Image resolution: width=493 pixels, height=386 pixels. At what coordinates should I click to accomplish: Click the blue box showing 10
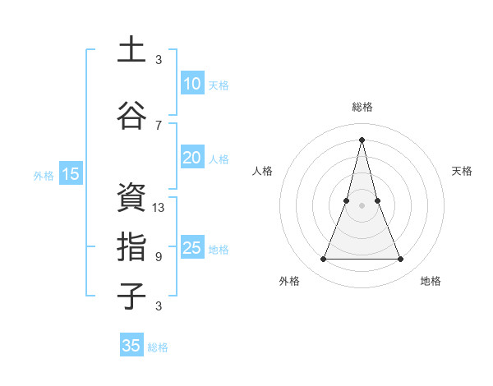[191, 84]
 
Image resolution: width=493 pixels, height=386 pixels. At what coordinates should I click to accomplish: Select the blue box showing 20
[191, 158]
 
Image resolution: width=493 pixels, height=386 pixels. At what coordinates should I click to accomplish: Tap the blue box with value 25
[191, 248]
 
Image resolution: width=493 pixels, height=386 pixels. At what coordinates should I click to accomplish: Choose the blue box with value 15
[71, 173]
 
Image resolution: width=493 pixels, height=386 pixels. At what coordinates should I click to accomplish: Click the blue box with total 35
[131, 346]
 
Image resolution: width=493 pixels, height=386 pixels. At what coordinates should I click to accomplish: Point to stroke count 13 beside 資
[159, 208]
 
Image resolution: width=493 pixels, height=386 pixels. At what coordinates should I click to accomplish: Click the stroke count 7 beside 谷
[159, 126]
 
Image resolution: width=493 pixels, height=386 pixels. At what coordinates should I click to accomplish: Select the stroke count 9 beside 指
[159, 257]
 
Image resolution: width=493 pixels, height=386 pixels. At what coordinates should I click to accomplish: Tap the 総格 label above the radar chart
[362, 107]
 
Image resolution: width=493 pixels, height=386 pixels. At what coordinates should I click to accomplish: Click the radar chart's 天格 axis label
[462, 171]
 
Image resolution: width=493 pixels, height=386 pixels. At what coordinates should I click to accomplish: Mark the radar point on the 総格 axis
[362, 138]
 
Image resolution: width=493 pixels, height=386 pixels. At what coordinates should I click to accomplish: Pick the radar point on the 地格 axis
[401, 260]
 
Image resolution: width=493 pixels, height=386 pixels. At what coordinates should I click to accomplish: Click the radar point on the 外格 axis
[323, 260]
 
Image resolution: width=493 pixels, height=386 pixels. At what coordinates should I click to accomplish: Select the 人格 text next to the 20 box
[219, 159]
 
